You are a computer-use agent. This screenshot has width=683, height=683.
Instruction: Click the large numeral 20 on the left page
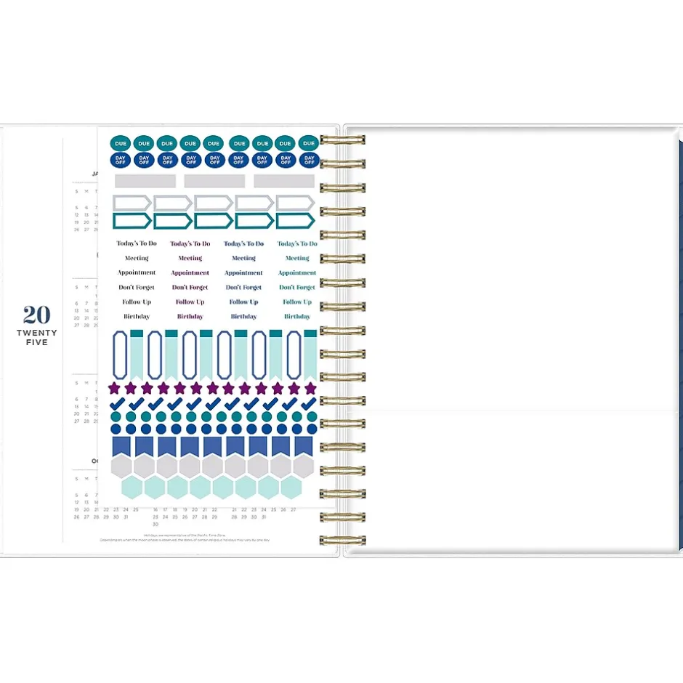click(37, 315)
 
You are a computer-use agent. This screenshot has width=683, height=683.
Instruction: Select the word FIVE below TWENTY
click(37, 342)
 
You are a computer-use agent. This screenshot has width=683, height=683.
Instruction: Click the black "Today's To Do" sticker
click(137, 244)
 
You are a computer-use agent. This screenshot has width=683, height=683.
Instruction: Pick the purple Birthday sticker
click(190, 317)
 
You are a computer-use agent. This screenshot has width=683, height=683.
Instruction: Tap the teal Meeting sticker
click(297, 259)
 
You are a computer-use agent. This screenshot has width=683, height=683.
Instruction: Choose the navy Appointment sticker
click(243, 273)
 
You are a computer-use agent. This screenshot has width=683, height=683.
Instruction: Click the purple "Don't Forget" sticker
click(190, 288)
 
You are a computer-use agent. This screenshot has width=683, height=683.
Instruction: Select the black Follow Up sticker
click(137, 302)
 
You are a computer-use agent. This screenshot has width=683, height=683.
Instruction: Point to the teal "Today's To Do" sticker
click(297, 244)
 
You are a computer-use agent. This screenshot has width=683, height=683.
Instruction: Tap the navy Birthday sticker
click(243, 317)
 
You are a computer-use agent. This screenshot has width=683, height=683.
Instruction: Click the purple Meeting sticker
click(190, 259)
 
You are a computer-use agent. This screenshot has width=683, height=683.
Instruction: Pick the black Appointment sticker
click(137, 273)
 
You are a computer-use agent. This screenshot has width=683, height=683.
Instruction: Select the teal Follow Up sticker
click(297, 302)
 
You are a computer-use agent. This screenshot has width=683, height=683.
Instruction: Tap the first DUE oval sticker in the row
click(120, 144)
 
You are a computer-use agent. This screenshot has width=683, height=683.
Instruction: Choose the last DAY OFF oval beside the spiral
click(309, 160)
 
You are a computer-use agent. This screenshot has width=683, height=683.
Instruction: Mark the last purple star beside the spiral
click(310, 388)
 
